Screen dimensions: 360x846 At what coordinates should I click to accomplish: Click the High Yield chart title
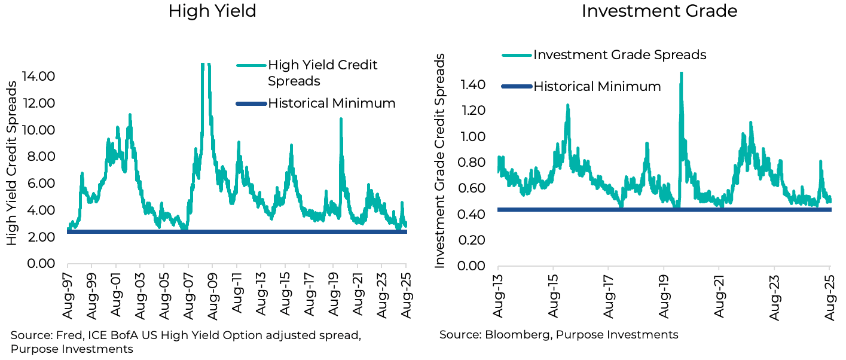tap(212, 11)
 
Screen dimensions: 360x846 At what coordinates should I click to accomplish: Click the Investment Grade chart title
tap(659, 11)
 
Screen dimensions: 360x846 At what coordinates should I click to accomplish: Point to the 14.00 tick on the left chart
tap(38, 76)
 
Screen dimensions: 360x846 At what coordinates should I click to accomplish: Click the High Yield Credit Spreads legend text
tap(322, 72)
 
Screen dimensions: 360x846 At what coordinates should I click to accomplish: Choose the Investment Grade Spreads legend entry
tap(619, 55)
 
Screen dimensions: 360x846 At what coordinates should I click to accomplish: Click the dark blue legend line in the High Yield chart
tap(251, 103)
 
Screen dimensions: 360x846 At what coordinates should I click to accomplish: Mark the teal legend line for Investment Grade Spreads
tap(516, 55)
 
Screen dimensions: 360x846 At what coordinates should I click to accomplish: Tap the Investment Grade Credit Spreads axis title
tap(441, 160)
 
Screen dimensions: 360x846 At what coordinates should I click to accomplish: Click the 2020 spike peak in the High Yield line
tap(341, 119)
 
